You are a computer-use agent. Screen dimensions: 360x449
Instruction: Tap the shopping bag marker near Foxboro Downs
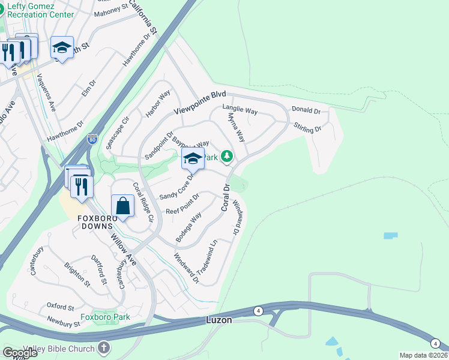pos(123,206)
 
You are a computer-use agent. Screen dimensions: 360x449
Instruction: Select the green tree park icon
pos(226,157)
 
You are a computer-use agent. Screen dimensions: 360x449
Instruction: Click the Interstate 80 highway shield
pos(92,139)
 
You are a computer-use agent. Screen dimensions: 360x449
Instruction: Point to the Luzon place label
pos(219,320)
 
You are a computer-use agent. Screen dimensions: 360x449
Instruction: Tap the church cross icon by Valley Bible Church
pos(104,348)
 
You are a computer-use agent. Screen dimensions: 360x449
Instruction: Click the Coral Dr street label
pos(226,197)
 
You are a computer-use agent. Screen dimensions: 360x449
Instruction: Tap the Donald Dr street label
pos(306,110)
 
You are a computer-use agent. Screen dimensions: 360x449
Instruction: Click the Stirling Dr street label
pos(307,127)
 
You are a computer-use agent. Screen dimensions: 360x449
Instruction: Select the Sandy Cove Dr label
pos(178,189)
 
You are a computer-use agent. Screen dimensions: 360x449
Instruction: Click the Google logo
pos(20,352)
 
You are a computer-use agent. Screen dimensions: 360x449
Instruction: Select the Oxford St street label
pos(60,306)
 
